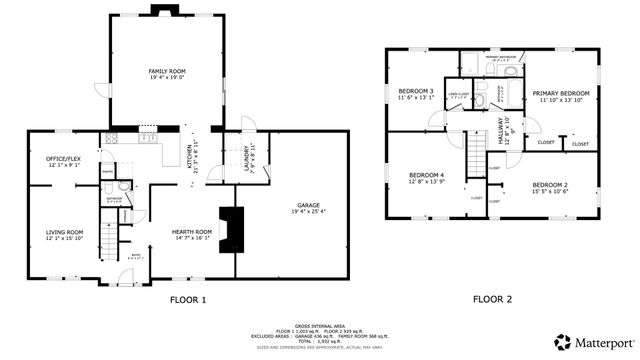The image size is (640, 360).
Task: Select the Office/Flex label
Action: point(64,160)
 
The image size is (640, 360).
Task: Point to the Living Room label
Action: point(64,232)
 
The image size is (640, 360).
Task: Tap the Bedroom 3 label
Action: point(416,92)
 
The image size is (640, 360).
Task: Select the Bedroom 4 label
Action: point(426,176)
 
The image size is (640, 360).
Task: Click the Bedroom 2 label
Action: point(549,186)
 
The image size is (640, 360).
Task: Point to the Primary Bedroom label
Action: point(561,93)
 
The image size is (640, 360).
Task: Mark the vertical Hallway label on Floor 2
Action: point(504,131)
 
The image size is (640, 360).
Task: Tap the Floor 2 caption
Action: point(491,300)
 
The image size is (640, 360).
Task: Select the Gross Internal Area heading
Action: point(320,324)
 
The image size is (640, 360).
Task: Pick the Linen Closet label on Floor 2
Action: point(459,96)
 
